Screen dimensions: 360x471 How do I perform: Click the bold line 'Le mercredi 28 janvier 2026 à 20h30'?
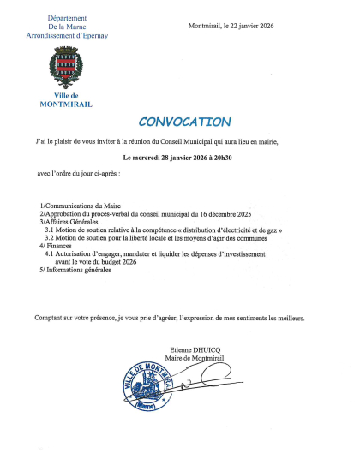tap(180, 158)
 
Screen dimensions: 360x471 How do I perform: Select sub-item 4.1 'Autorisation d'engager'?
tap(154, 254)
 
